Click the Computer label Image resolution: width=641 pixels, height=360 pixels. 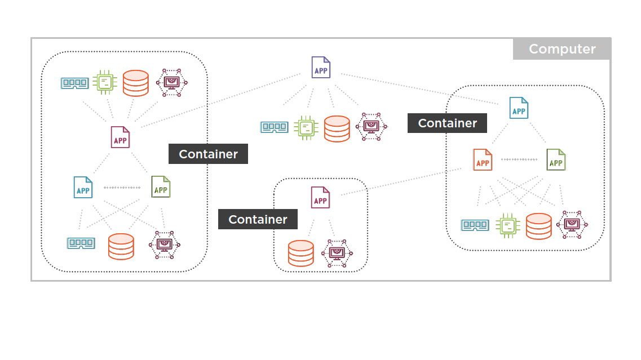pyautogui.click(x=562, y=49)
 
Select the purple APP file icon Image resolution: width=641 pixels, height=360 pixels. pyautogui.click(x=321, y=68)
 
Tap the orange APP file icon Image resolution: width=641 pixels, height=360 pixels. pyautogui.click(x=483, y=160)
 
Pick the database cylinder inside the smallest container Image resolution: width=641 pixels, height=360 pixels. pyautogui.click(x=300, y=253)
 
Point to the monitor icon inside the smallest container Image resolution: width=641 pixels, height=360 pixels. pyautogui.click(x=337, y=253)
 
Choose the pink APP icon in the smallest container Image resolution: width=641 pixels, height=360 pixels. pyautogui.click(x=320, y=198)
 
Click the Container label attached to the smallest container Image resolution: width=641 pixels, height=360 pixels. pyautogui.click(x=258, y=219)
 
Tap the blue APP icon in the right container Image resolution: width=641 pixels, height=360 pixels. pyautogui.click(x=519, y=108)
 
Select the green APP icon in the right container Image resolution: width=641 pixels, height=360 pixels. pyautogui.click(x=556, y=160)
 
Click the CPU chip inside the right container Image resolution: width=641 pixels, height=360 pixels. pyautogui.click(x=507, y=226)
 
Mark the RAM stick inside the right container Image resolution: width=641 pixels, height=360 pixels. pyautogui.click(x=475, y=225)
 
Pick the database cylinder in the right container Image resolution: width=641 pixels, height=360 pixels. pyautogui.click(x=538, y=226)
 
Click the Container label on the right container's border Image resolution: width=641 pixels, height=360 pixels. pyautogui.click(x=447, y=123)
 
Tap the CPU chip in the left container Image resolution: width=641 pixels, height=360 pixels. pyautogui.click(x=104, y=82)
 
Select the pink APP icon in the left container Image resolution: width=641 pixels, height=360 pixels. pyautogui.click(x=120, y=137)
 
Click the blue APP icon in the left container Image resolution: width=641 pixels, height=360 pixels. pyautogui.click(x=83, y=187)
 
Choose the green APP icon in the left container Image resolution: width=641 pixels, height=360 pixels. pyautogui.click(x=161, y=187)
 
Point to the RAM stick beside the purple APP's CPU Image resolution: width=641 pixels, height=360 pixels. pyautogui.click(x=275, y=127)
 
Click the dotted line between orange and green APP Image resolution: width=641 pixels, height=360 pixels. pyautogui.click(x=519, y=159)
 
